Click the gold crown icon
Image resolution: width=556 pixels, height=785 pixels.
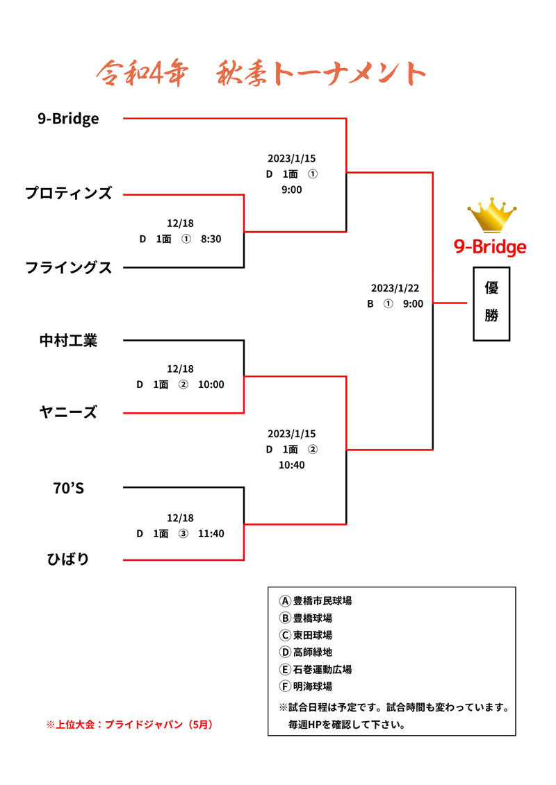coord(492,215)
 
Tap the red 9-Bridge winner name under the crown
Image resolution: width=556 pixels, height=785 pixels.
coord(490,246)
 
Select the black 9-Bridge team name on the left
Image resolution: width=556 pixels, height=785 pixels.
coord(68,119)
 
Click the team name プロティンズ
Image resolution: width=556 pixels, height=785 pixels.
coord(68,194)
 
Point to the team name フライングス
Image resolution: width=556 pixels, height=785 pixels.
coord(68,267)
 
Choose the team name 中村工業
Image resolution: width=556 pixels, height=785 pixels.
coord(68,340)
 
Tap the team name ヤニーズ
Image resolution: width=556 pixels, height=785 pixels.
coord(68,413)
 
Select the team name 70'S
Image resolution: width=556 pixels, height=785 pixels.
coord(68,488)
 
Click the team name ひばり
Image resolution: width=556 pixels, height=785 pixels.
coord(68,559)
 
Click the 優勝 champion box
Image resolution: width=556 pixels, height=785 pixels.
coord(491,303)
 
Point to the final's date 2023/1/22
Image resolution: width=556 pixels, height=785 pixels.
coord(395,288)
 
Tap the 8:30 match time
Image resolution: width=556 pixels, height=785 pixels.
coord(211,239)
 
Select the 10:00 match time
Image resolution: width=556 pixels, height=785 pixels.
coord(211,385)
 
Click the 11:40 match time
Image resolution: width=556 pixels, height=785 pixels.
coord(211,534)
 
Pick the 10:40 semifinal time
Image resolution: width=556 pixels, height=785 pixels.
coord(292,465)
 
